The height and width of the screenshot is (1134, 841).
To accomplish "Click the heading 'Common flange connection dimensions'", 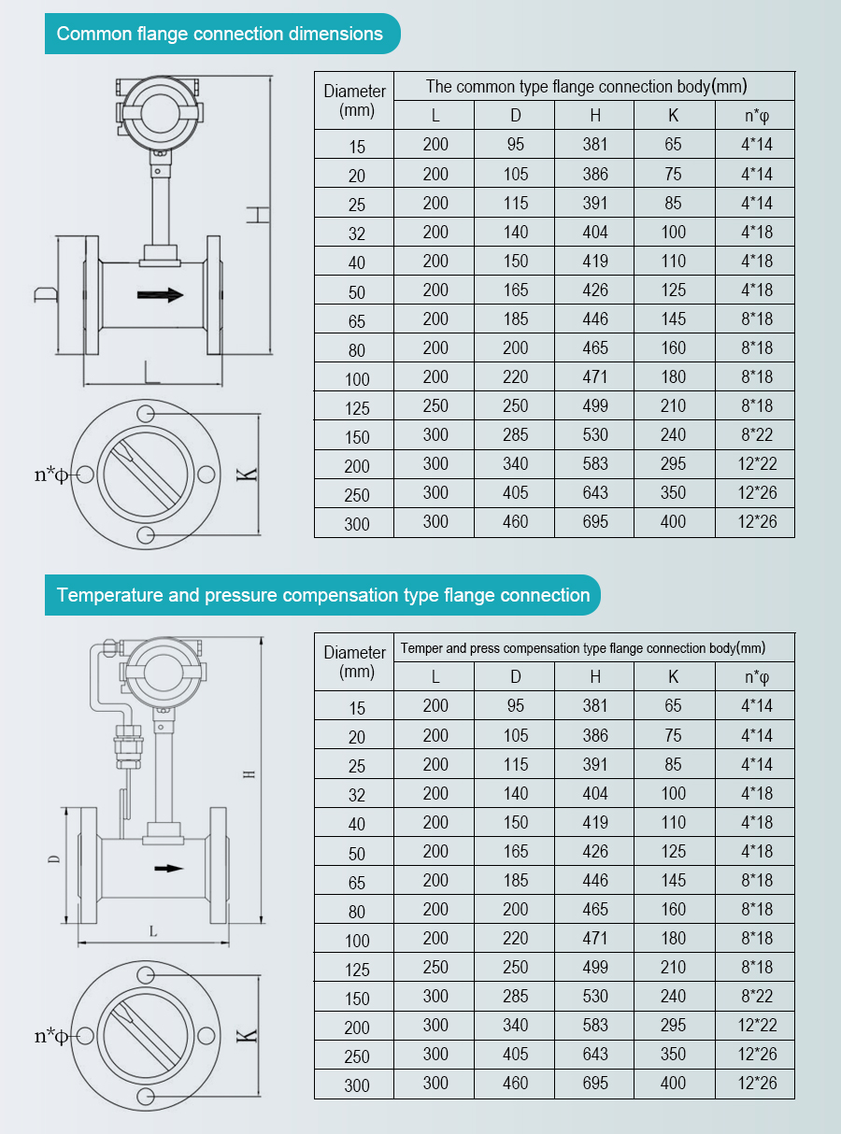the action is [x=220, y=34].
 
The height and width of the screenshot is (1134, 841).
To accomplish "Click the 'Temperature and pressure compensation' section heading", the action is [x=322, y=595].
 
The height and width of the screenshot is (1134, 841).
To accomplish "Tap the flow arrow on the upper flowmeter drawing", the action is [x=160, y=294].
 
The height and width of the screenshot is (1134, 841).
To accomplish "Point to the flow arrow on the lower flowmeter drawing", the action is [x=168, y=868].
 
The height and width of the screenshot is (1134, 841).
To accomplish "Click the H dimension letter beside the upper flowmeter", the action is [x=258, y=215].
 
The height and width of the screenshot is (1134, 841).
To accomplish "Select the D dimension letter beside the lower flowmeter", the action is [x=53, y=859].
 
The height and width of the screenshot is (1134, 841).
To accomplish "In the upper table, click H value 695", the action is [x=595, y=522].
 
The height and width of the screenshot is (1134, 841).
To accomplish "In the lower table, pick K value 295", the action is [x=673, y=1025].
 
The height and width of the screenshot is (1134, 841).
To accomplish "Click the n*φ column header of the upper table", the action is [x=757, y=116].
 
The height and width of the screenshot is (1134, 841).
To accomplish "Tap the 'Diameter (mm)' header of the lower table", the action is [x=354, y=661].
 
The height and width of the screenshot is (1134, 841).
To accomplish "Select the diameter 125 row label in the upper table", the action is [x=357, y=408].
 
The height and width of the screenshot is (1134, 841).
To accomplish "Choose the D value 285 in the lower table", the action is [x=515, y=996].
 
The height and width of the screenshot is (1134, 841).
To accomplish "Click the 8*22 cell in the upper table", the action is [x=757, y=435].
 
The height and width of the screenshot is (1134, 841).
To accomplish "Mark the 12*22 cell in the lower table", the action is [x=757, y=1025].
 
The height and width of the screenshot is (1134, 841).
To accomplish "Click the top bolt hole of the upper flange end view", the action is [x=146, y=413].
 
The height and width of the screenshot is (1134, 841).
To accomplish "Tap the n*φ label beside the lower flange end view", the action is [x=50, y=1036].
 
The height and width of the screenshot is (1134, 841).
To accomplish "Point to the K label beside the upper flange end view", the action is [x=247, y=475].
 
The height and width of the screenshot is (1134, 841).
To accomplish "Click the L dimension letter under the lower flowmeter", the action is [x=153, y=931].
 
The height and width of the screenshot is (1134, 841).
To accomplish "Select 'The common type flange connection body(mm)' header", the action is [x=586, y=87].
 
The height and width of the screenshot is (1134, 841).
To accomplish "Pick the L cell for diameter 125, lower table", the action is [x=435, y=968].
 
